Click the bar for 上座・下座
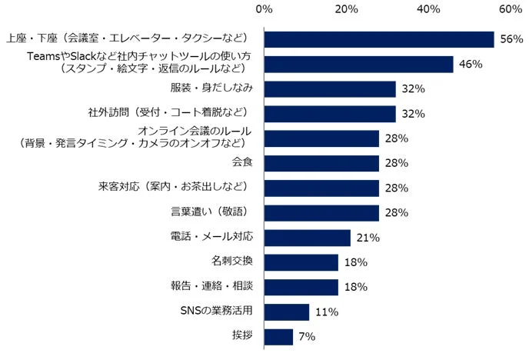pyautogui.click(x=378, y=39)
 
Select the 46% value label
pyautogui.click(x=470, y=64)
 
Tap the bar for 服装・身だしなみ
pyautogui.click(x=329, y=88)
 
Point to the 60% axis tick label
pyautogui.click(x=510, y=9)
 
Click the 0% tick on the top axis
pyautogui.click(x=264, y=9)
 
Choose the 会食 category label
pyautogui.click(x=244, y=163)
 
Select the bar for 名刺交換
pyautogui.click(x=301, y=262)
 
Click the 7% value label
pyautogui.click(x=306, y=336)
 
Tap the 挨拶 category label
pyautogui.click(x=244, y=336)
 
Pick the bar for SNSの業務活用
pyautogui.click(x=286, y=312)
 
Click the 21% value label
pyautogui.click(x=368, y=238)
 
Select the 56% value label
pyautogui.click(x=511, y=39)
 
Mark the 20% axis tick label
pyautogui.click(x=346, y=9)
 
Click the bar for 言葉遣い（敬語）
pyautogui.click(x=321, y=212)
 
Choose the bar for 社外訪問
pyautogui.click(x=329, y=114)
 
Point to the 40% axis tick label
pyautogui.click(x=428, y=9)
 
